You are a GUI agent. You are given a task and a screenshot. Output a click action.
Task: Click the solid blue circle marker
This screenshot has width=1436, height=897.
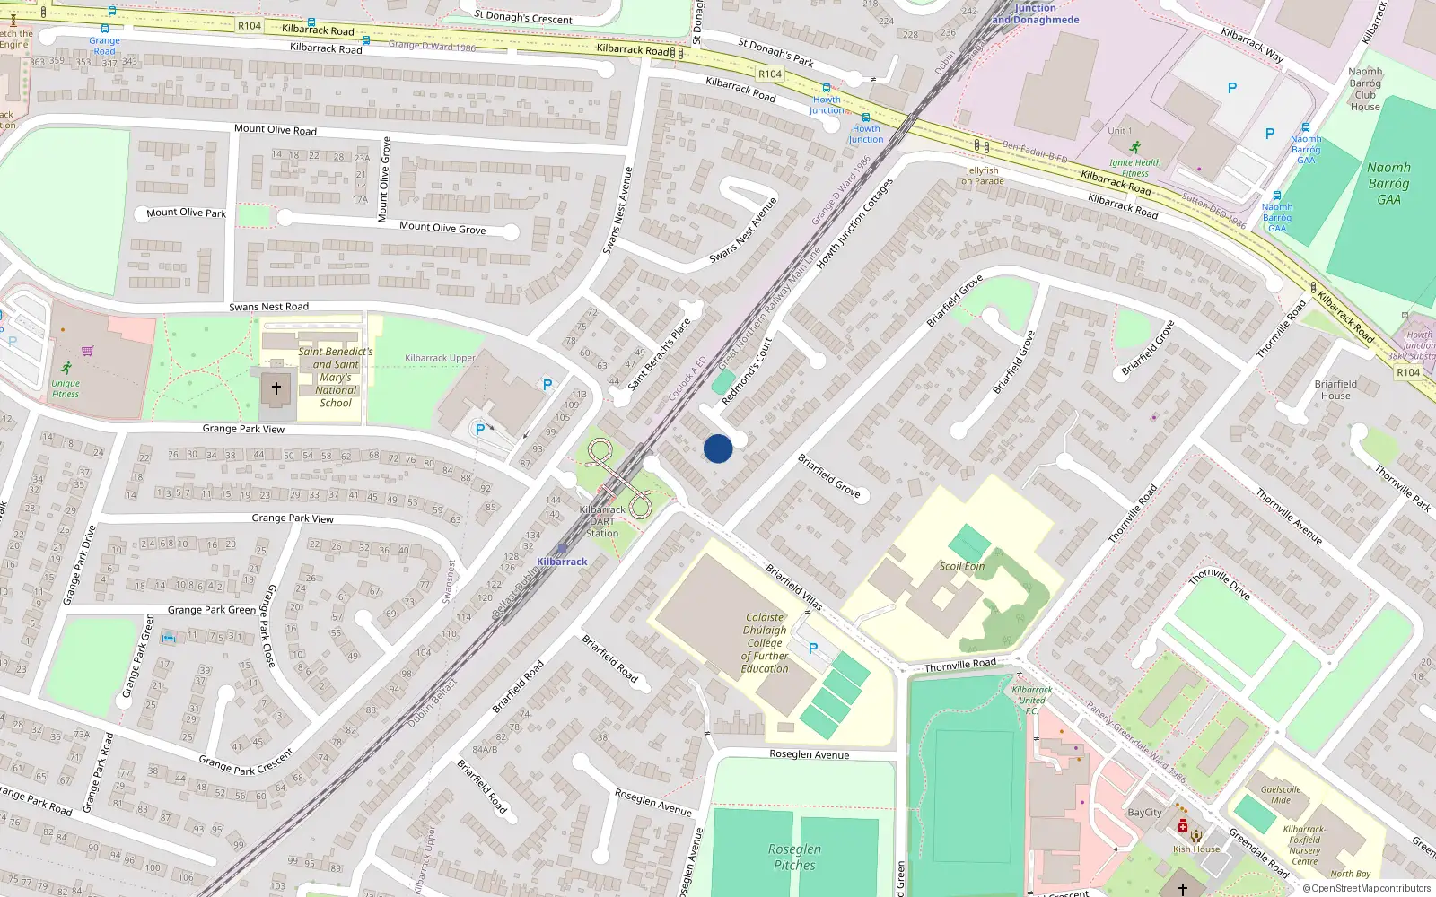click(718, 448)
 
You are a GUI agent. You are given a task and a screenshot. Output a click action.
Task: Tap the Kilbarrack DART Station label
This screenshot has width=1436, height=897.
click(602, 521)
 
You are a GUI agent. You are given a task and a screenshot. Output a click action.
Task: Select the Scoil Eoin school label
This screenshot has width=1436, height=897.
click(962, 566)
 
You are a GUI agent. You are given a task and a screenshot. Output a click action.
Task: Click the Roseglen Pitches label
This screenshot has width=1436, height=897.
click(794, 857)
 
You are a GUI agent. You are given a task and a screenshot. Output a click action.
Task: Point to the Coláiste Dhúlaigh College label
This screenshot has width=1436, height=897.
click(765, 642)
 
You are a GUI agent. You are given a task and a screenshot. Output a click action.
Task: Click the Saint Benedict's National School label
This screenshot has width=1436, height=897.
click(336, 377)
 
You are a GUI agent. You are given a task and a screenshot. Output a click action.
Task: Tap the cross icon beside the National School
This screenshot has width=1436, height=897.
click(276, 388)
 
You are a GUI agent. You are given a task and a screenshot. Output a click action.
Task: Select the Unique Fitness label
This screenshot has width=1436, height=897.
click(66, 388)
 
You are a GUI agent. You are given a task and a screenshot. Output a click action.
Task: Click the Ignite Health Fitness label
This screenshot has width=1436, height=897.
click(1134, 168)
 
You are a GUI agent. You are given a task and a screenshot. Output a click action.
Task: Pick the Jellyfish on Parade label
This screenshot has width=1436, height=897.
click(983, 176)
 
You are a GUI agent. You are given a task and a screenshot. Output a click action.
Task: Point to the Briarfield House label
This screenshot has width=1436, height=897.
click(1335, 389)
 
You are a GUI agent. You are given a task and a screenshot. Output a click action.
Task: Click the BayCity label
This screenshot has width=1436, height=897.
click(1144, 813)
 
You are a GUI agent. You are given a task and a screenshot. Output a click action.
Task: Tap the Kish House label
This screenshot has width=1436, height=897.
click(1196, 849)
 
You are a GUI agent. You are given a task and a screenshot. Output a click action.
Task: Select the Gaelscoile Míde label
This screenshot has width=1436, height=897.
click(1281, 795)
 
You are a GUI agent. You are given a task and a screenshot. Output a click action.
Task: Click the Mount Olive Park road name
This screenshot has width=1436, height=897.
click(187, 213)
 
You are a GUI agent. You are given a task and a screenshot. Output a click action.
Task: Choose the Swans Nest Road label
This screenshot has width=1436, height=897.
click(268, 307)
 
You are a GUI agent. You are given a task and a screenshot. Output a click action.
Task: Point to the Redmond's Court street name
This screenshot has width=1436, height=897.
click(747, 371)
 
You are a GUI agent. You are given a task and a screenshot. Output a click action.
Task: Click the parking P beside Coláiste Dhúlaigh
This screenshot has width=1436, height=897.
click(813, 649)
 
